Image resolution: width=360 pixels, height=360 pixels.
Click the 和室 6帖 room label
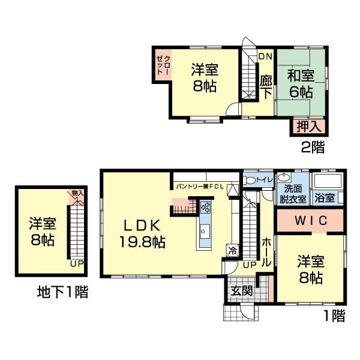pyautogui.click(x=299, y=83)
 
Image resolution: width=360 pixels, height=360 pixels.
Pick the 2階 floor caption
pyautogui.click(x=313, y=146)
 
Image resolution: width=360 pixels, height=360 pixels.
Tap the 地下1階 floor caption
pyautogui.click(x=62, y=293)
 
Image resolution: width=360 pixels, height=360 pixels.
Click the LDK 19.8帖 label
pyautogui.click(x=142, y=234)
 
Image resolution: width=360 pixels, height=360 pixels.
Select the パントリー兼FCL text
pyautogui.click(x=200, y=187)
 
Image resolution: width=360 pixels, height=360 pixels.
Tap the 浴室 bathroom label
pyautogui.click(x=325, y=196)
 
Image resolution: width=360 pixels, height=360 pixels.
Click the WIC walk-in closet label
pyautogui.click(x=310, y=220)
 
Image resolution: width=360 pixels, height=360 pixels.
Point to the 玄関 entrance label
pyautogui.click(x=242, y=291)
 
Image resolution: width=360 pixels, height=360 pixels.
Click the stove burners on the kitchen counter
pyautogui.click(x=206, y=208)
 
